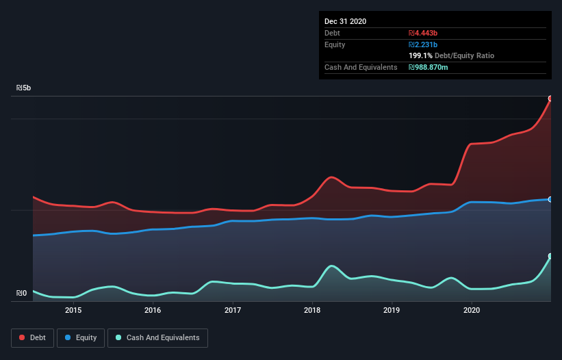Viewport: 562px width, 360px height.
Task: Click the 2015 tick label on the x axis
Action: coord(73,310)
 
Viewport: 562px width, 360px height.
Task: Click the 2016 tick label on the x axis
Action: coord(153,310)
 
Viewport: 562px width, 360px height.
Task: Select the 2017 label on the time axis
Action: coord(233,310)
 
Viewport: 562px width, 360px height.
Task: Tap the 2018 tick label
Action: coord(312,310)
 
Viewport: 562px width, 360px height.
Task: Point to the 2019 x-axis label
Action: coord(392,310)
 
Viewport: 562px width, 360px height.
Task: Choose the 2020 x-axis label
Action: coord(472,310)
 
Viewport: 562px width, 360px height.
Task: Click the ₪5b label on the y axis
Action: coord(24,88)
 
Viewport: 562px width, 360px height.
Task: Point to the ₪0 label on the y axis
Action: coord(22,294)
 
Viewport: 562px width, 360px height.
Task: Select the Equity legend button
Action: coord(81,337)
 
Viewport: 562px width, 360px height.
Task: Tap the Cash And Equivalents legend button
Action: coord(157,337)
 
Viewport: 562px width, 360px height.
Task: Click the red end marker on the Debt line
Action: coord(550,99)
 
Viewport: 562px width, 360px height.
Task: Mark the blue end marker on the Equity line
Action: coord(550,199)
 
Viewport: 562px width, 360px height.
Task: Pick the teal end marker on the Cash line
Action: coord(550,256)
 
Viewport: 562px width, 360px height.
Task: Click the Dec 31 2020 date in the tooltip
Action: coord(345,21)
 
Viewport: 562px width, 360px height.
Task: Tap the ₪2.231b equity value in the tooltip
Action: coord(423,44)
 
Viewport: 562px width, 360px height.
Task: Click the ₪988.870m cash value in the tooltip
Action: coord(429,67)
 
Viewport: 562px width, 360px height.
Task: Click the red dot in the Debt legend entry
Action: coord(23,337)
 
